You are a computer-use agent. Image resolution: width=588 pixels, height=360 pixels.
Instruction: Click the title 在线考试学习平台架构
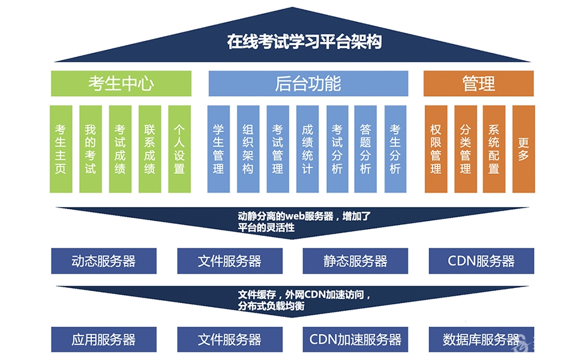(304, 41)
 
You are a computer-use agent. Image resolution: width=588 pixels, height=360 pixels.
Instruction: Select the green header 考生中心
(121, 83)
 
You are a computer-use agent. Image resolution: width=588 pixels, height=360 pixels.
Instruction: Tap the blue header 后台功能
(308, 83)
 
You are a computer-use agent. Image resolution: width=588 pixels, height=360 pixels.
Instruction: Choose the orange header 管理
(479, 83)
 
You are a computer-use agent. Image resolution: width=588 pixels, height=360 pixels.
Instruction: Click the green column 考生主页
(61, 149)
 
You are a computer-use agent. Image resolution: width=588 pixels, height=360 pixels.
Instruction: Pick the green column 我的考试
(91, 149)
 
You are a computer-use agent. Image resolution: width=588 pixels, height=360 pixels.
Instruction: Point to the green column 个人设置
(179, 149)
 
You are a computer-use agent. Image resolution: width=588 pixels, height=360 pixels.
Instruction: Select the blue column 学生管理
(218, 149)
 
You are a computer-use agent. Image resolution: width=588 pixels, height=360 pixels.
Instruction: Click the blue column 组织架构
(248, 149)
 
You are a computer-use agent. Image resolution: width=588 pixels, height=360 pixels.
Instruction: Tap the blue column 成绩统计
(307, 149)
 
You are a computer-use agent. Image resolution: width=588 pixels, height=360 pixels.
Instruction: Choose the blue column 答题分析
(365, 149)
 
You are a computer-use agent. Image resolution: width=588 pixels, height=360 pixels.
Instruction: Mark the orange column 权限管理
(436, 149)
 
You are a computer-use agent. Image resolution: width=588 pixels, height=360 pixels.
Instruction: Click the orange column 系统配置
(494, 149)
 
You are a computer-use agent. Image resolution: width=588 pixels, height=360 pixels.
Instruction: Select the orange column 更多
(523, 149)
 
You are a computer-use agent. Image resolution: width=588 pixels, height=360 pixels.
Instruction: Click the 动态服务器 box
(104, 261)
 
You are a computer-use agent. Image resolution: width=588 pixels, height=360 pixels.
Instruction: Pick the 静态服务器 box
(355, 261)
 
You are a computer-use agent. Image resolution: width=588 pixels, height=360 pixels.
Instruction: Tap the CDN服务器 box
(481, 261)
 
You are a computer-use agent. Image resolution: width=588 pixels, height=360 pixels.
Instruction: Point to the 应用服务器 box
(104, 340)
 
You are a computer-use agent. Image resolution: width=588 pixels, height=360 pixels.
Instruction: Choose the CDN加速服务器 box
(355, 340)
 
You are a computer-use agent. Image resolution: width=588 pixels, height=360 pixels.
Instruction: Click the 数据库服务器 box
(481, 340)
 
